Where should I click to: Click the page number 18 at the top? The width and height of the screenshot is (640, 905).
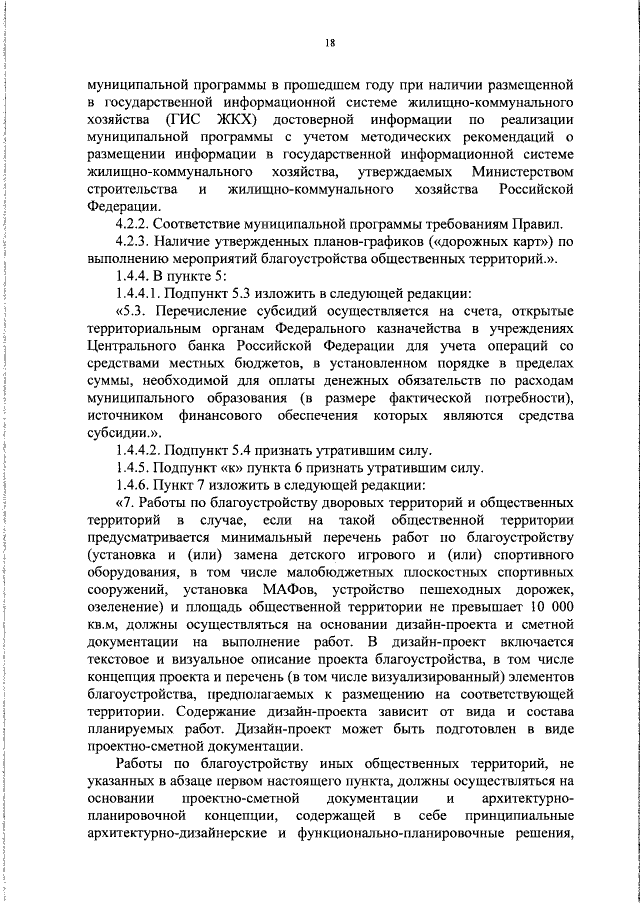pos(328,42)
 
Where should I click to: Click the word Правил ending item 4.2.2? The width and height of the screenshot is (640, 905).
pos(538,222)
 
